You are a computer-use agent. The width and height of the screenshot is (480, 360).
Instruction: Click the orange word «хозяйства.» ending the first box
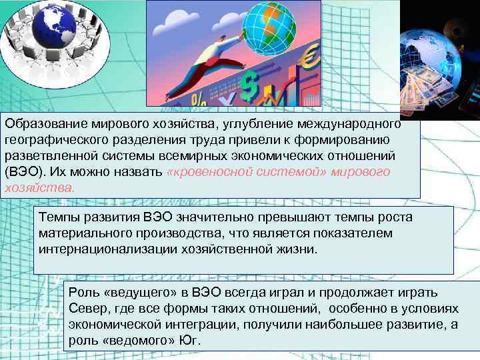40,187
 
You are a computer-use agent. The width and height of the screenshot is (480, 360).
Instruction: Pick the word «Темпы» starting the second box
57,217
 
